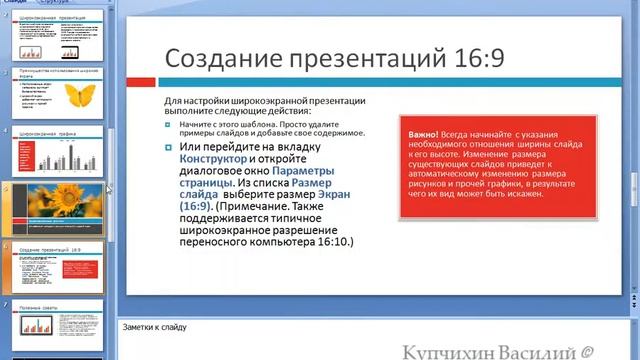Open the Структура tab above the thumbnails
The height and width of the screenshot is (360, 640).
61,3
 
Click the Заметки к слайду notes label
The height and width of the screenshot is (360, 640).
154,326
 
